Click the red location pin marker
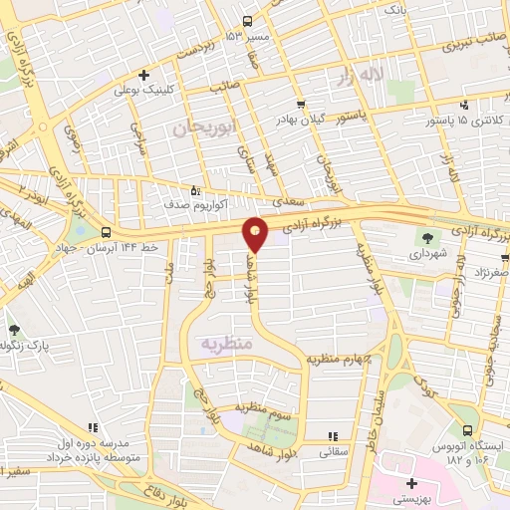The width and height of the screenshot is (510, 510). tap(255, 233)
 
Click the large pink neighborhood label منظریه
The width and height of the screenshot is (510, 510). tap(228, 342)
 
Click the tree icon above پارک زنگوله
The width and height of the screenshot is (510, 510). tap(14, 330)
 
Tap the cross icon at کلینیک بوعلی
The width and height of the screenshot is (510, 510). tap(144, 75)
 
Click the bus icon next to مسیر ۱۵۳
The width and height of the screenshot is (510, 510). tap(248, 21)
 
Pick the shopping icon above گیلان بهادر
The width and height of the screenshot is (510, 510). tap(300, 104)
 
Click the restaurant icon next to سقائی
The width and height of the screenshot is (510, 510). tap(333, 435)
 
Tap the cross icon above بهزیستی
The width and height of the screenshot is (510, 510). tap(411, 483)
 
